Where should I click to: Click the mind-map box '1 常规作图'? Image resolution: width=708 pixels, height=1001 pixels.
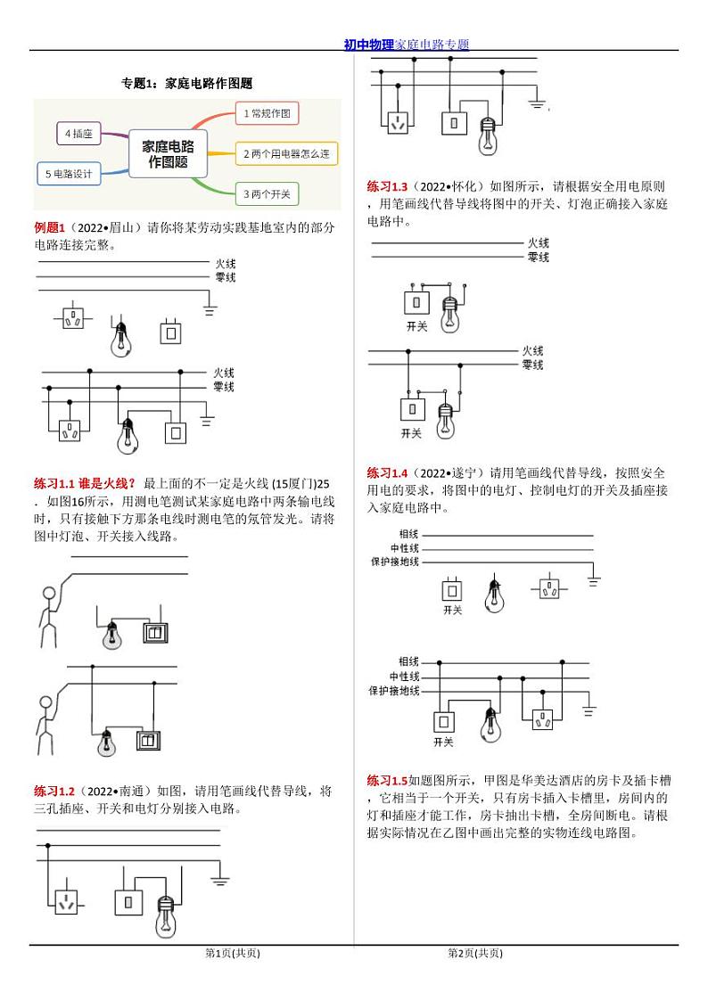267,113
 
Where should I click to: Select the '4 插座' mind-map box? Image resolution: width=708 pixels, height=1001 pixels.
78,134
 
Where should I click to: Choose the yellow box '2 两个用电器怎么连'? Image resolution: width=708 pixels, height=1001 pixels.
285,154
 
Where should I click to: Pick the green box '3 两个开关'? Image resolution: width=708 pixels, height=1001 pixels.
267,193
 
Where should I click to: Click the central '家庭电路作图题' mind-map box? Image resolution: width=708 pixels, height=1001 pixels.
168,152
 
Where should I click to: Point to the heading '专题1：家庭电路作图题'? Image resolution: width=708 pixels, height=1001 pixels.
187,84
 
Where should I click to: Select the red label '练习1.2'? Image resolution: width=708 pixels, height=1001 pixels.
54,791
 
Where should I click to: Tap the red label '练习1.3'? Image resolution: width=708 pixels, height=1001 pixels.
387,186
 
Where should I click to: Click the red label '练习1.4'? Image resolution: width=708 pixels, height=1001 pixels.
387,472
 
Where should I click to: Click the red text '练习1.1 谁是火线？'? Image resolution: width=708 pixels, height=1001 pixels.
85,482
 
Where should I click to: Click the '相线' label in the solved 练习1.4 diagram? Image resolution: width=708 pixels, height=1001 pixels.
408,661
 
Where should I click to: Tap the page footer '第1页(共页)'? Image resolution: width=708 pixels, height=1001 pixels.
233,953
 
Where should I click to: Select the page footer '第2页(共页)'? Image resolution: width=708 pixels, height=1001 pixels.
475,953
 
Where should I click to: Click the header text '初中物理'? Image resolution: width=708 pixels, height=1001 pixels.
369,45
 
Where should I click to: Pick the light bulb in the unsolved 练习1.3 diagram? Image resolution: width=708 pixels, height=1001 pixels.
450,309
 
